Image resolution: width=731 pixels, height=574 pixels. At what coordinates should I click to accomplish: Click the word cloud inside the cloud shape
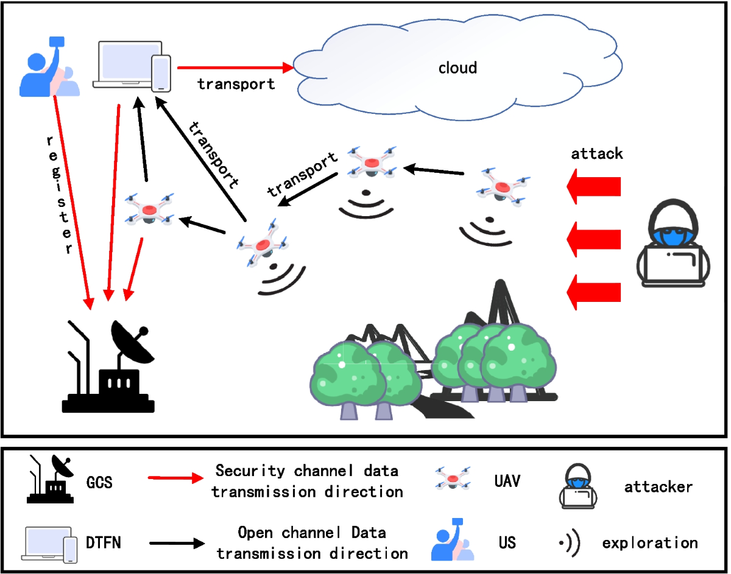point(457,68)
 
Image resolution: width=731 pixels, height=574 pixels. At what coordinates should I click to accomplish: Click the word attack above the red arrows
point(596,153)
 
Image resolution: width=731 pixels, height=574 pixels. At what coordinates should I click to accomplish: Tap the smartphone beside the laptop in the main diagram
point(161,73)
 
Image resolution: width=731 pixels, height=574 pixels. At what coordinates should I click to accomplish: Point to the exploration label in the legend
point(649,542)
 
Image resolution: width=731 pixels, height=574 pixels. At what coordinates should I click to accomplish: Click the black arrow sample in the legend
point(176,542)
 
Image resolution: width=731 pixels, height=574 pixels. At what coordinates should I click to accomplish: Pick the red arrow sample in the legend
point(176,478)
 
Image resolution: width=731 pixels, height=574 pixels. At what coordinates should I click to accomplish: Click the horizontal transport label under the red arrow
point(236,85)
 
